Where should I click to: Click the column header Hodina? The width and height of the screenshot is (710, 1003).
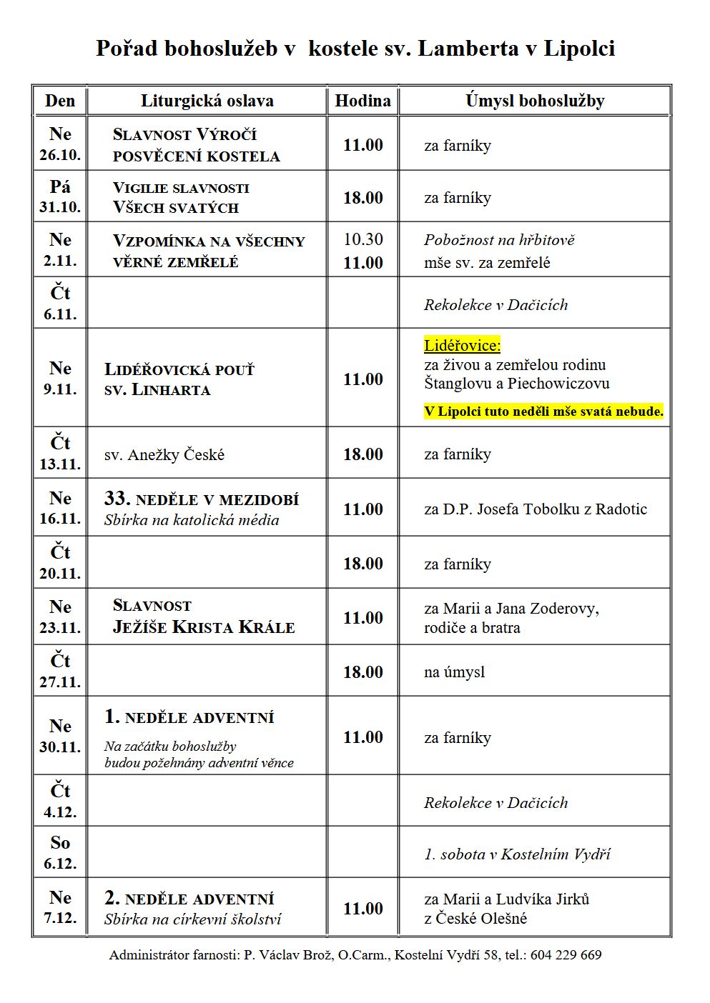tap(363, 101)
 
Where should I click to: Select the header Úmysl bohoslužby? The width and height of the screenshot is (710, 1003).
tap(534, 101)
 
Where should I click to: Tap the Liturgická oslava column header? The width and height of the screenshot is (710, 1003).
tap(207, 101)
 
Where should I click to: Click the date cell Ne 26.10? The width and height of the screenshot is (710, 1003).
tap(60, 144)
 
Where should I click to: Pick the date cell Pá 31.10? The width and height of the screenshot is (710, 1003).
tap(60, 196)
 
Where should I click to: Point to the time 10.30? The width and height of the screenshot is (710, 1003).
tap(363, 239)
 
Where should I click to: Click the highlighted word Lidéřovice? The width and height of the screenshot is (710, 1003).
tap(462, 346)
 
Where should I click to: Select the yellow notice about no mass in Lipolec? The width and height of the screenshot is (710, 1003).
tap(543, 411)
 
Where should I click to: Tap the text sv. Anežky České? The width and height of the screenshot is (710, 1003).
tap(164, 454)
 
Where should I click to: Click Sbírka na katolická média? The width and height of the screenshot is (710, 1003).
tap(192, 520)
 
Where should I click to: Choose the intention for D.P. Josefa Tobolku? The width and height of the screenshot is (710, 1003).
tap(535, 509)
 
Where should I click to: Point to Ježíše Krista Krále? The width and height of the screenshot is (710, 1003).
tap(203, 627)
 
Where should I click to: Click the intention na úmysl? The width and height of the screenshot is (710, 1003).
tap(454, 672)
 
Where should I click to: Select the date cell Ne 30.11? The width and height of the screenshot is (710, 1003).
tap(60, 736)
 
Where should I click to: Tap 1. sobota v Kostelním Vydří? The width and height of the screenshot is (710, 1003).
tap(517, 854)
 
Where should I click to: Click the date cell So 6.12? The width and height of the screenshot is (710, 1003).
tap(60, 853)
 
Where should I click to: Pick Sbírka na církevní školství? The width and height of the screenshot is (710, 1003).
tap(192, 919)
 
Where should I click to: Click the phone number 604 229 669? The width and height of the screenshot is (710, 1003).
tap(566, 955)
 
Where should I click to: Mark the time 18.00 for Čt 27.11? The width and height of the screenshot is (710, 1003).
tap(363, 672)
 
